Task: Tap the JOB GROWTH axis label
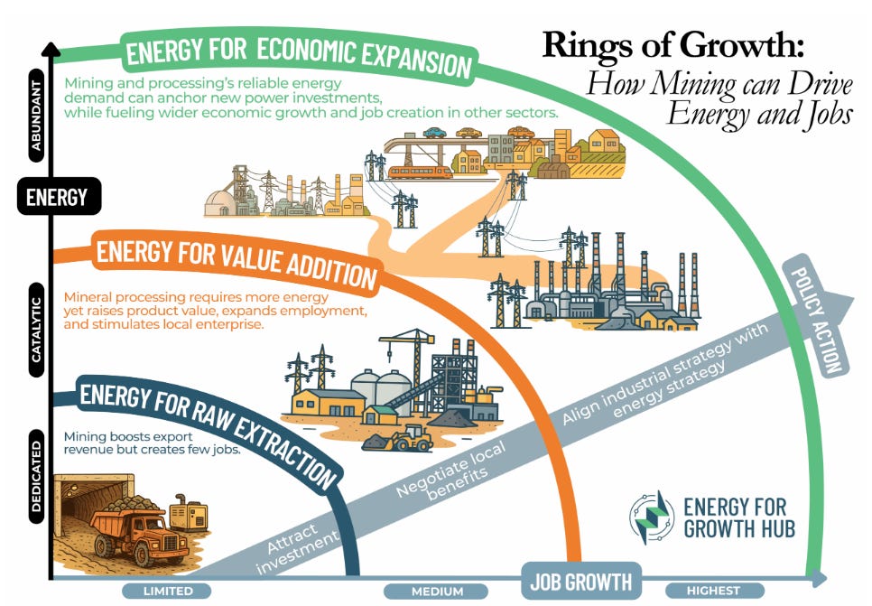[580, 581]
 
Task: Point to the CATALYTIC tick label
[37, 326]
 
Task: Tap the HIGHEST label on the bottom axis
[713, 592]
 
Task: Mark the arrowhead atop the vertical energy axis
[56, 51]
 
